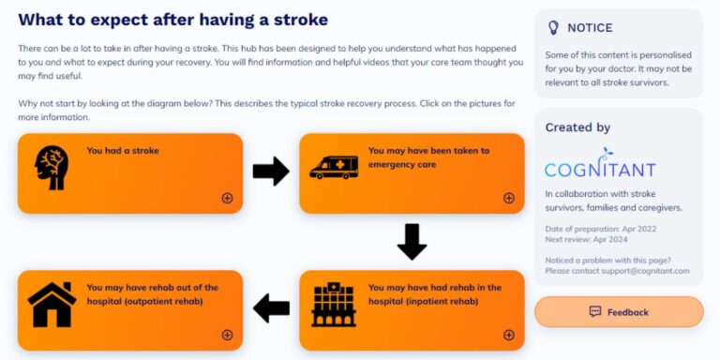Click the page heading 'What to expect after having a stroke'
point(173,19)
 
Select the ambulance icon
point(334,167)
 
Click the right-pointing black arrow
point(271,172)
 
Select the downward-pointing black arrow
point(412,242)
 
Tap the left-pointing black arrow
point(271,307)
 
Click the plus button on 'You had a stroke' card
point(227,198)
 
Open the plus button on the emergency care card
point(509,198)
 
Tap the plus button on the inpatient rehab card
point(509,335)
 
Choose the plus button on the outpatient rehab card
point(227,335)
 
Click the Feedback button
point(619,312)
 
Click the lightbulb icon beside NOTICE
point(553,28)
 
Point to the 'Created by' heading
point(577,127)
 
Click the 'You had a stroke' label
point(123,150)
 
